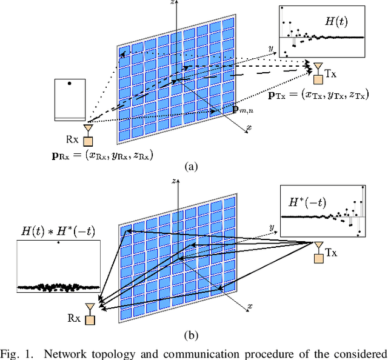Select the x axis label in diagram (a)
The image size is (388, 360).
pos(249,128)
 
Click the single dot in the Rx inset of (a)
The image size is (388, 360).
pos(70,83)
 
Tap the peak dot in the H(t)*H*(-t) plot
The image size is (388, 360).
pos(58,243)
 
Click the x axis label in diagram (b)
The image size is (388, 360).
pos(249,307)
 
